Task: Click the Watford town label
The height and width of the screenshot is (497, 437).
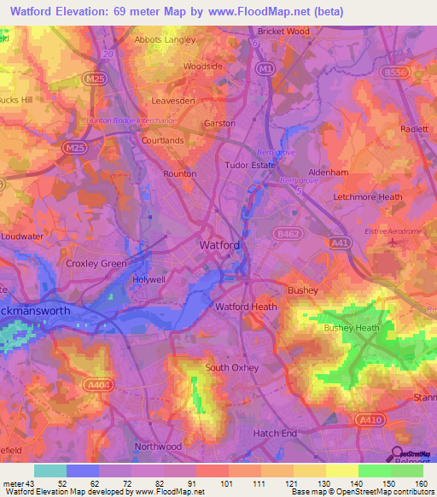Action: click(219, 245)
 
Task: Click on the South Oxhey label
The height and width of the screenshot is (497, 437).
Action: click(231, 368)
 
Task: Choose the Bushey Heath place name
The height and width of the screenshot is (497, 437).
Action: click(351, 328)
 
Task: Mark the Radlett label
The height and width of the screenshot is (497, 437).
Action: click(414, 128)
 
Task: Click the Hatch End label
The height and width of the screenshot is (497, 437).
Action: click(276, 434)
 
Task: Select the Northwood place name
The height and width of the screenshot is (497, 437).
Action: click(159, 446)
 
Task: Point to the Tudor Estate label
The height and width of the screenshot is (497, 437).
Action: click(248, 165)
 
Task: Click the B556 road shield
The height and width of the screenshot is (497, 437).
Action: click(419, 73)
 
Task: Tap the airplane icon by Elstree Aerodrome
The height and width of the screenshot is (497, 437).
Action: click(393, 243)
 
